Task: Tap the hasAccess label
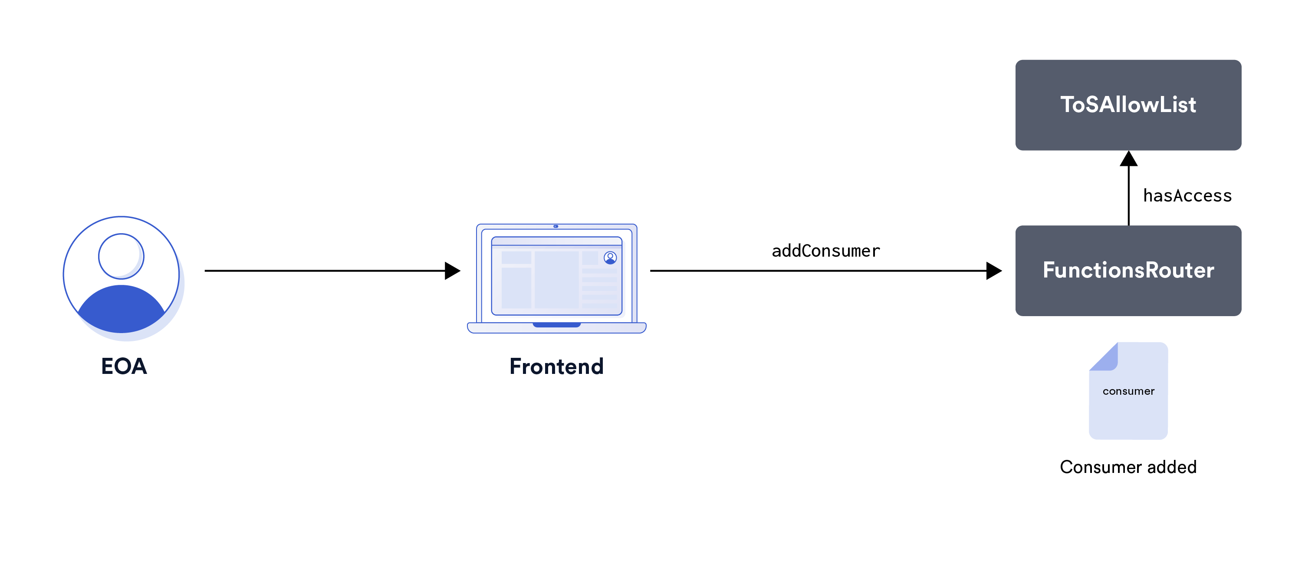click(1187, 196)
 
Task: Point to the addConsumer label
click(826, 251)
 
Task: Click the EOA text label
click(124, 366)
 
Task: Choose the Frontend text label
click(556, 367)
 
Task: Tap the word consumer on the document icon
click(1128, 391)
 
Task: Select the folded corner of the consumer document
click(1105, 357)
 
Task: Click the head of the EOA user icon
click(121, 256)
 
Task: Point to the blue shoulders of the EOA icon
click(121, 309)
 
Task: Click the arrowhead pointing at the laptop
click(452, 271)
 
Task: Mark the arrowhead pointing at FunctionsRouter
click(993, 271)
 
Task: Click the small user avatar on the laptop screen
click(610, 258)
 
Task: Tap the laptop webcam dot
click(556, 226)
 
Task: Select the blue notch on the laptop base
click(556, 325)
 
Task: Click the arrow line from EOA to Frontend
click(324, 271)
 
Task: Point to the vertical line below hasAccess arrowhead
click(1128, 196)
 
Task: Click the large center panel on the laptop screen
click(556, 279)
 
